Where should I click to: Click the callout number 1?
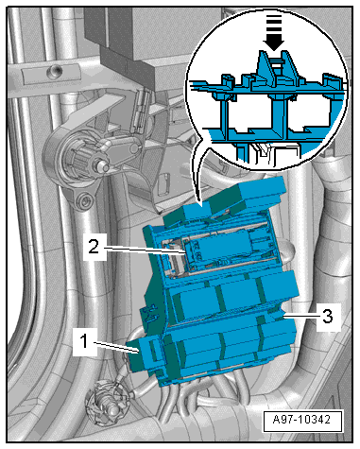[84, 342]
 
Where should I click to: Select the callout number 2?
[94, 247]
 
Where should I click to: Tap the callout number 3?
[328, 316]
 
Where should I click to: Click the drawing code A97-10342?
[301, 420]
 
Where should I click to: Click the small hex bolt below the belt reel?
[84, 199]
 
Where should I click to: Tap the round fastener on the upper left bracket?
[54, 72]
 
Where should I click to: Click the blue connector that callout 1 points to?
[143, 354]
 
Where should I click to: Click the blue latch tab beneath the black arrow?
[274, 69]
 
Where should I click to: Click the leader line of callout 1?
[114, 347]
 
